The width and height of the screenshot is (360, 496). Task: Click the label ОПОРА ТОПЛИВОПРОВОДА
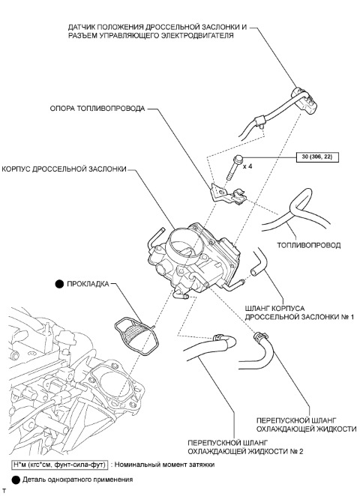point(97,109)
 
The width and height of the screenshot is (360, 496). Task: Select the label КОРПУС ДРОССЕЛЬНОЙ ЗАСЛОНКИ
point(64,169)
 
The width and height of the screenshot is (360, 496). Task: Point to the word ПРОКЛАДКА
point(88,284)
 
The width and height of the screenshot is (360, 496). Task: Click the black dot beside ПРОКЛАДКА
point(59,284)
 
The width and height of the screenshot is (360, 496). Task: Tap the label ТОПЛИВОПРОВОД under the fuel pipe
point(309,245)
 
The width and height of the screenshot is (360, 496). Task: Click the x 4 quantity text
point(247,166)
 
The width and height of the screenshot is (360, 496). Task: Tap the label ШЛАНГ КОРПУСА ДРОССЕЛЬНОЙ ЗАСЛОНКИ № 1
point(299,312)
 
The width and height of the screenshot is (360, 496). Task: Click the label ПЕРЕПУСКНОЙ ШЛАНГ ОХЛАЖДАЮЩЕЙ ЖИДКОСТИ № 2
point(245,447)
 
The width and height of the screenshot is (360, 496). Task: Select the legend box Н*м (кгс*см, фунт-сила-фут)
point(59,465)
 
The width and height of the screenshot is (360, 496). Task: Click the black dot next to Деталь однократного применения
point(16,480)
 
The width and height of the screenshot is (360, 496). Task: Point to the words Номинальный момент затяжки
point(164,465)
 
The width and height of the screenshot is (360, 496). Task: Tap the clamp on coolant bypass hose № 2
point(218,337)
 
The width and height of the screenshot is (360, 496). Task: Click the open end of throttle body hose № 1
point(253,273)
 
